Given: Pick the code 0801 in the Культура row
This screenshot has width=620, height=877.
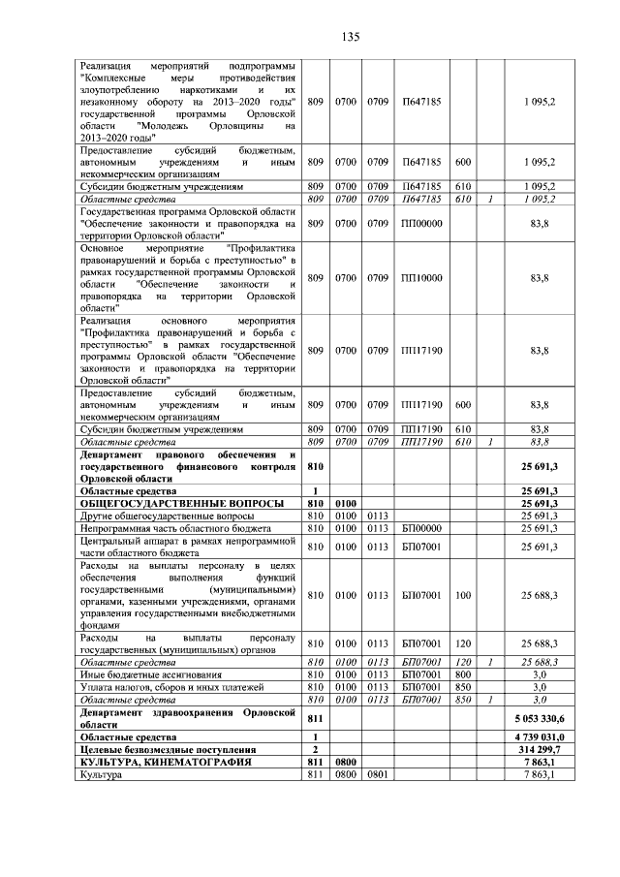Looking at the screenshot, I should [378, 775].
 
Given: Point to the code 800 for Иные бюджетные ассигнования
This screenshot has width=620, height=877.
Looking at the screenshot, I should [463, 673].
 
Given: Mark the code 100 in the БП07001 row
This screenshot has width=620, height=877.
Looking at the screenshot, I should [463, 595].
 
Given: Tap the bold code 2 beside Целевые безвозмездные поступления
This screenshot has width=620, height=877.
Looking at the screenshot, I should [315, 750].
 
